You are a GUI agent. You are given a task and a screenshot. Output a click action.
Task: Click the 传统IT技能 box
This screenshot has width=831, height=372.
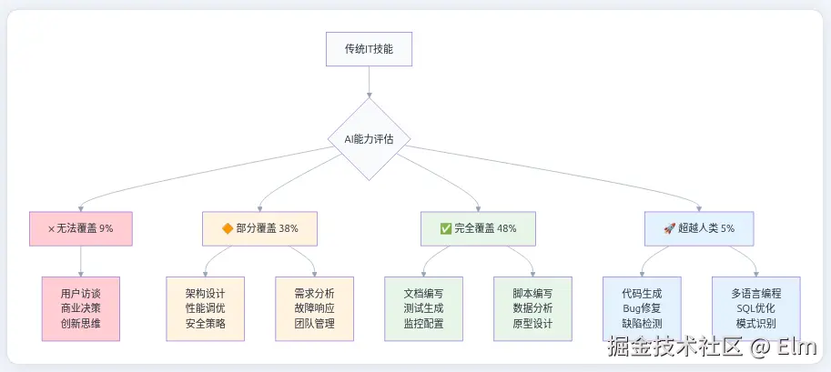(x=369, y=48)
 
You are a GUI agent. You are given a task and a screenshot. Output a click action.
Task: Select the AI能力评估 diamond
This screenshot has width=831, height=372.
(x=369, y=139)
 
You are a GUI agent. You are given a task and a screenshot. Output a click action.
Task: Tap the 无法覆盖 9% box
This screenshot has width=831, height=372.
(x=80, y=228)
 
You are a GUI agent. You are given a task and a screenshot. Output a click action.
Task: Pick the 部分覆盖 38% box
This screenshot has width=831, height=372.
(x=259, y=228)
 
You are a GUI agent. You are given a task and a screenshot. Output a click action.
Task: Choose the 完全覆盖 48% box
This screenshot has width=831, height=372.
(x=478, y=228)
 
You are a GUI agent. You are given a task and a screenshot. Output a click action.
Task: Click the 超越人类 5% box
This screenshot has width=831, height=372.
(x=700, y=228)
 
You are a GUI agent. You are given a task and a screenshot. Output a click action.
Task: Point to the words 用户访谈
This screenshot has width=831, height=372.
(x=80, y=294)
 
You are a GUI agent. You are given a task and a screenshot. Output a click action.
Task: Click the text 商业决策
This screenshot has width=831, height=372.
(x=80, y=308)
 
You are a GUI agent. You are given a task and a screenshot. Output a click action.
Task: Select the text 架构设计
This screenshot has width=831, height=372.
(x=205, y=294)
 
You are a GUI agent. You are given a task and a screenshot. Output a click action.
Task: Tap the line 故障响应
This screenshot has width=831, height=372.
(x=314, y=308)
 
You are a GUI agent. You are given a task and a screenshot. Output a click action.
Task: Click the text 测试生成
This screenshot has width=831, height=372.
(x=423, y=308)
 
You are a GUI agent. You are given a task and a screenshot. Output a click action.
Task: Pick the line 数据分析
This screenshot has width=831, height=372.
(x=532, y=308)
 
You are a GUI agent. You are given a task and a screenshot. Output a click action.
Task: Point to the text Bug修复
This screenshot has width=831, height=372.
(x=642, y=308)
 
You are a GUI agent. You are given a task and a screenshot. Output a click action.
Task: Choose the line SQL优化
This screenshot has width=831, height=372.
(x=755, y=308)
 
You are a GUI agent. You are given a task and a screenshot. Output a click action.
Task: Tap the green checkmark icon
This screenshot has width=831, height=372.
(x=445, y=228)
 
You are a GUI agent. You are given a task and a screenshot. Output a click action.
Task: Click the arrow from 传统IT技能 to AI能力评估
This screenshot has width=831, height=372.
(x=369, y=82)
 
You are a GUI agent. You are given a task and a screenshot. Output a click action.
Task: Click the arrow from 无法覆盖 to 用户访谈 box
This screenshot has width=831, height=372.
(x=80, y=261)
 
